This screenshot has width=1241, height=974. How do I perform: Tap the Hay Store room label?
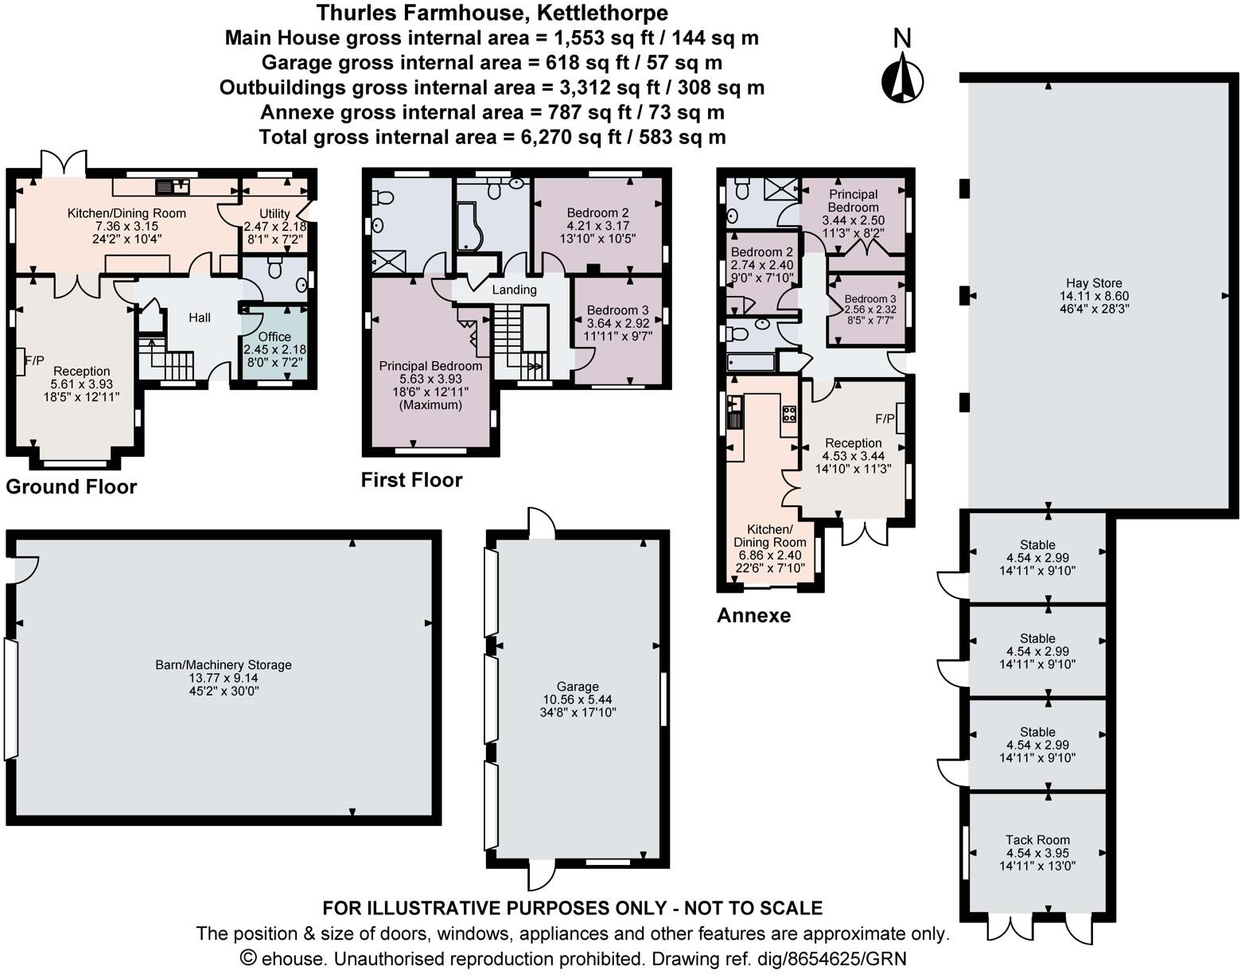1095,282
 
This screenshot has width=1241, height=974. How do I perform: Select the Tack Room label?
1037,840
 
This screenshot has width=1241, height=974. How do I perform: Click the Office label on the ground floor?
274,337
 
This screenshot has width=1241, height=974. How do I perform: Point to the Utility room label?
274,213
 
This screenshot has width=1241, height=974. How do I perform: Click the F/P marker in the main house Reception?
33,360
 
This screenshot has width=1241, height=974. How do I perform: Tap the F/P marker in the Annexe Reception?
885,419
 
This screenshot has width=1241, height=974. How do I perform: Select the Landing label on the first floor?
514,290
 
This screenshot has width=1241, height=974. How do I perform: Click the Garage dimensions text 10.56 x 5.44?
578,699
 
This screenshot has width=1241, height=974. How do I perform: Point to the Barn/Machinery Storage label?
224,664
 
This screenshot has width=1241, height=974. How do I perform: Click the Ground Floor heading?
72,487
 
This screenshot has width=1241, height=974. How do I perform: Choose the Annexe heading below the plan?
753,615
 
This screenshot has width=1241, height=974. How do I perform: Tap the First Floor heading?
411,480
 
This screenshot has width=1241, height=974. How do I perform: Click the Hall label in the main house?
200,318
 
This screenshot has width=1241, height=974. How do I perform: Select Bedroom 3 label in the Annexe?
870,299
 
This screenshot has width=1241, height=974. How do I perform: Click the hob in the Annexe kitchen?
790,414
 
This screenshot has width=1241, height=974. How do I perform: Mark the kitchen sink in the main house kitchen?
173,187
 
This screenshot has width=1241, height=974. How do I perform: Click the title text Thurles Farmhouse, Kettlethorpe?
492,13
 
